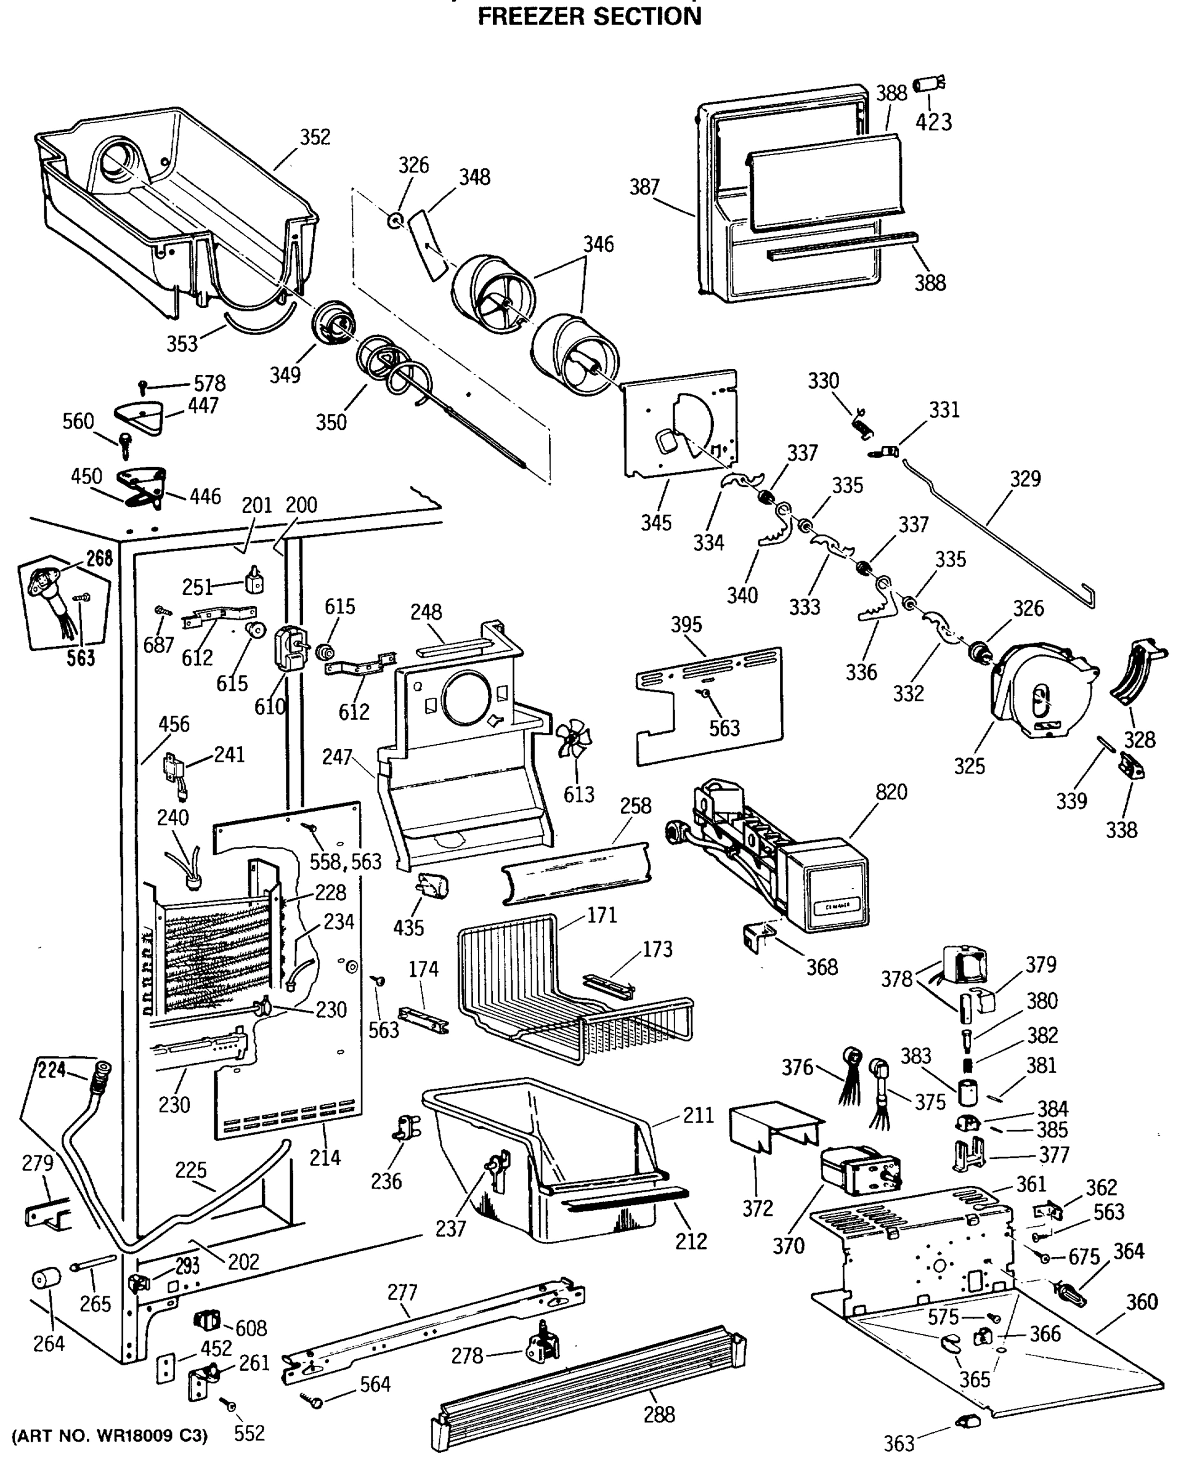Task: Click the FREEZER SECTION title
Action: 590,16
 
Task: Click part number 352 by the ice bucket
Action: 315,137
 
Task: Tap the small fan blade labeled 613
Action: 573,739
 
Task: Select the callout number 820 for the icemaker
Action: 891,792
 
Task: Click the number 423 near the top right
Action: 933,122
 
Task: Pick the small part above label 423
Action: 928,85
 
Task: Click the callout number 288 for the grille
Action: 659,1415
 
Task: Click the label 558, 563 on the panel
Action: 346,862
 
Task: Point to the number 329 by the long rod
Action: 1025,479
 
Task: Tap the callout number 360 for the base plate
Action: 1142,1302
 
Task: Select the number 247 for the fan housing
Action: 337,757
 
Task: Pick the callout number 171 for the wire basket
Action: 601,916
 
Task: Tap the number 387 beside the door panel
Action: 644,187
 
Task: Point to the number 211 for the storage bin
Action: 698,1115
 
